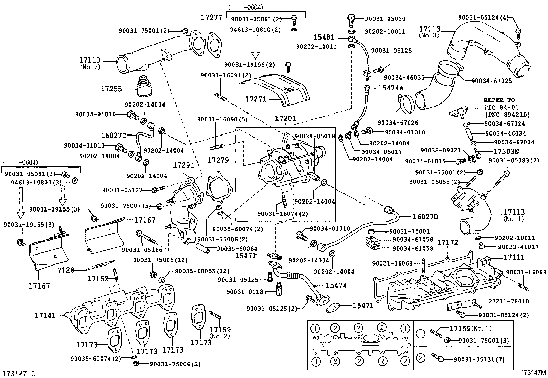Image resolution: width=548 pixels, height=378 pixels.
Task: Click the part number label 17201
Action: pyautogui.click(x=285, y=119)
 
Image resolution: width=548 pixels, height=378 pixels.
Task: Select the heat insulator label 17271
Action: pyautogui.click(x=255, y=99)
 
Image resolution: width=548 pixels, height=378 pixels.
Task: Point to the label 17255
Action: pyautogui.click(x=111, y=89)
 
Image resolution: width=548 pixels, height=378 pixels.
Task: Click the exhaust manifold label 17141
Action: pyautogui.click(x=45, y=315)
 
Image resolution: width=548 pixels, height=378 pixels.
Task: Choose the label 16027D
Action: pyautogui.click(x=425, y=217)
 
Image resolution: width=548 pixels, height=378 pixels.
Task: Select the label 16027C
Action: pyautogui.click(x=114, y=136)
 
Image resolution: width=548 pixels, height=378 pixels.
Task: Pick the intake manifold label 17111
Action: pyautogui.click(x=514, y=257)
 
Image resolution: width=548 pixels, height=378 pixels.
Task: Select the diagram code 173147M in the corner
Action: pyautogui.click(x=533, y=372)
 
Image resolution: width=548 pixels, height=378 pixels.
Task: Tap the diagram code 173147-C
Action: pyautogui.click(x=19, y=374)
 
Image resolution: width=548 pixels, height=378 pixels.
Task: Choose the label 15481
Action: pyautogui.click(x=324, y=37)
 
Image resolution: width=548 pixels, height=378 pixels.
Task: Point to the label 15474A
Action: pyautogui.click(x=390, y=88)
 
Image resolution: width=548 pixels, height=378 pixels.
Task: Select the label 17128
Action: pyautogui.click(x=63, y=270)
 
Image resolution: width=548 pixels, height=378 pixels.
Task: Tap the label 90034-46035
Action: pyautogui.click(x=404, y=78)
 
